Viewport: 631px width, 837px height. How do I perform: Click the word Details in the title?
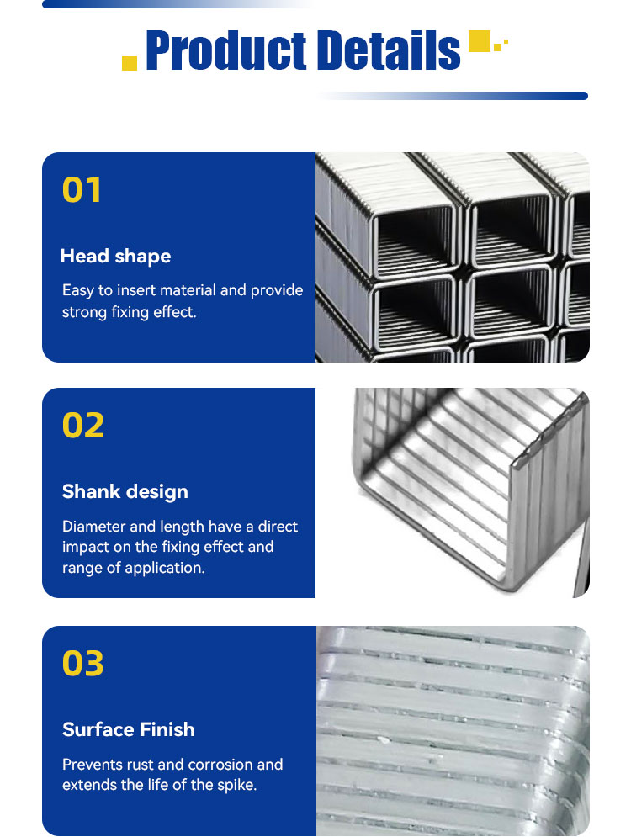point(389,50)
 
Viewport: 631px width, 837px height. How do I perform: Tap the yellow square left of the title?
point(130,62)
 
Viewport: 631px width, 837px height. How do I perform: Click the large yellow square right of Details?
point(479,41)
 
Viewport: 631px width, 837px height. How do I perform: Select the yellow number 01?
point(82,189)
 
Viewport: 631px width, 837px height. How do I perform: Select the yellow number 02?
point(83,426)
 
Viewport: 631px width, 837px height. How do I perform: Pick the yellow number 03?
point(82,664)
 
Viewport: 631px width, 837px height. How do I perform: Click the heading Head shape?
point(115,257)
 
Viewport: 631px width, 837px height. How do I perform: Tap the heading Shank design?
point(125,491)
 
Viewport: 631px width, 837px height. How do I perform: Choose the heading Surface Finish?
point(128,729)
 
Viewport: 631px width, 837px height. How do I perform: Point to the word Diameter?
point(94,527)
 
